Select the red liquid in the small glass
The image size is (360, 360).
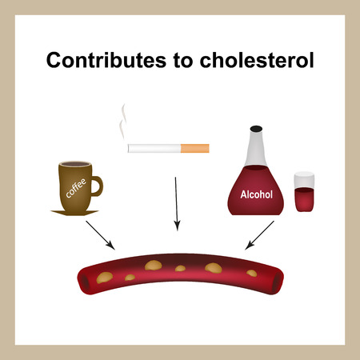(x=305, y=198)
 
